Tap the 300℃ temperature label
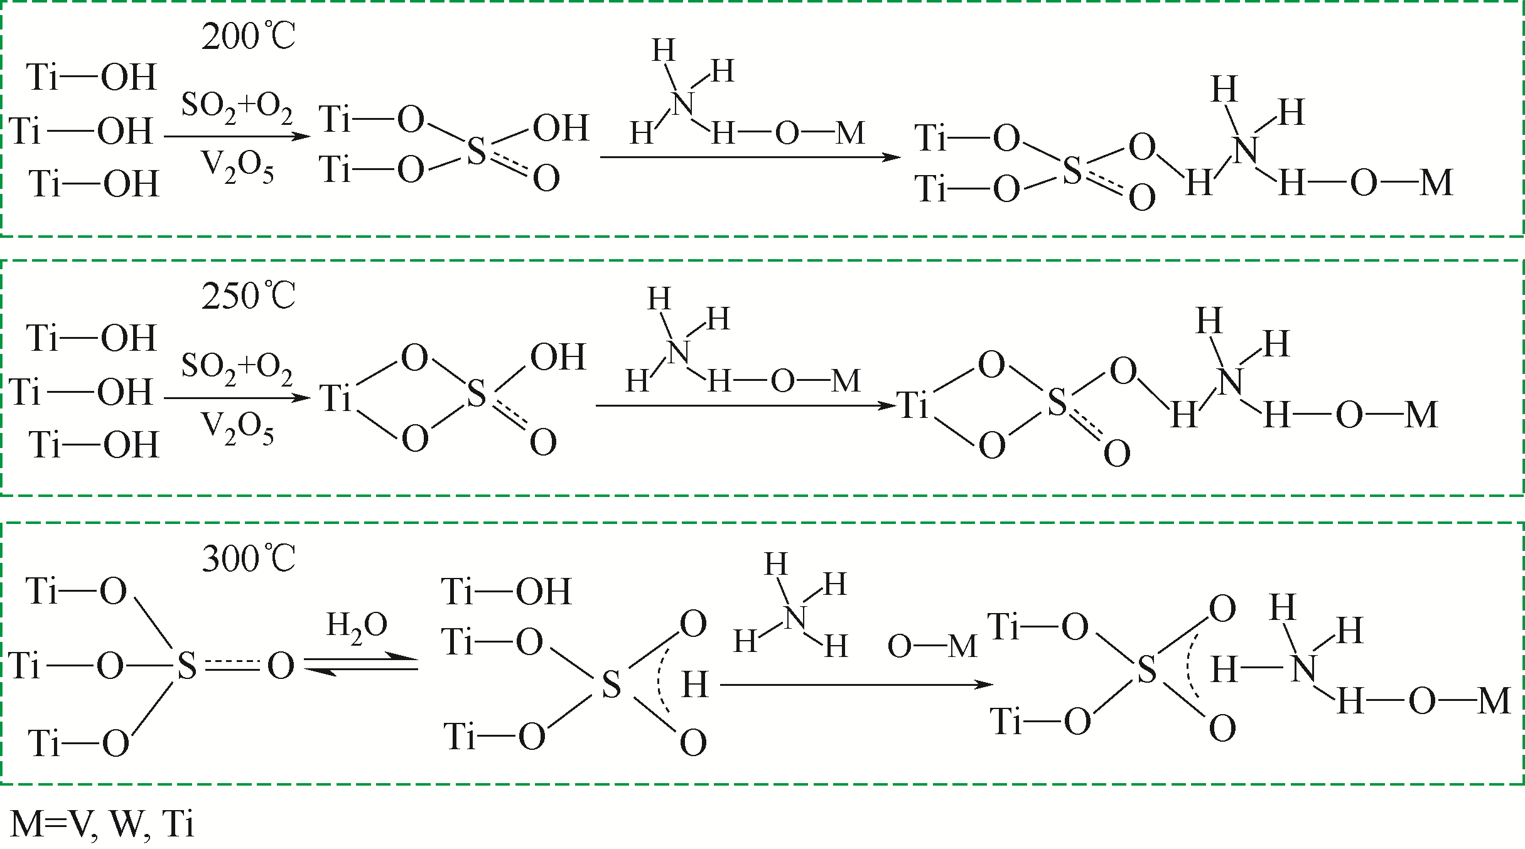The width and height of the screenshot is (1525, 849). point(248,558)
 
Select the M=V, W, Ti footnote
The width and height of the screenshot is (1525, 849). point(102,824)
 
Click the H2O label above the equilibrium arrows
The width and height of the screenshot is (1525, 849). point(357,627)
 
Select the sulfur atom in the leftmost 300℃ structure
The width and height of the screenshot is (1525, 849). point(186,666)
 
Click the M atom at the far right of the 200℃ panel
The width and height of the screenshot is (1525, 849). point(1436,184)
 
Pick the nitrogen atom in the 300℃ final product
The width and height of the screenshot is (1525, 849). point(1303,669)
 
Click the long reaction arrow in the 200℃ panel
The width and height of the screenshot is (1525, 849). point(750,156)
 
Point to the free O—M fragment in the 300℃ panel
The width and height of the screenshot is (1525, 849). point(932,646)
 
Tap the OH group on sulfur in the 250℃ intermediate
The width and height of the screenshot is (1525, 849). point(558,358)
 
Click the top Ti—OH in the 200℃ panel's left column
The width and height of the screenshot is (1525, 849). point(92,77)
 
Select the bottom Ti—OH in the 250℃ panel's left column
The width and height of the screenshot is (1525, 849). point(94,445)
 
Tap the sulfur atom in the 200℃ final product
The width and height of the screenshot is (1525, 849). point(1072,171)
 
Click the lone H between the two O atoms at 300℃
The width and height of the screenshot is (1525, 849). point(695,685)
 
